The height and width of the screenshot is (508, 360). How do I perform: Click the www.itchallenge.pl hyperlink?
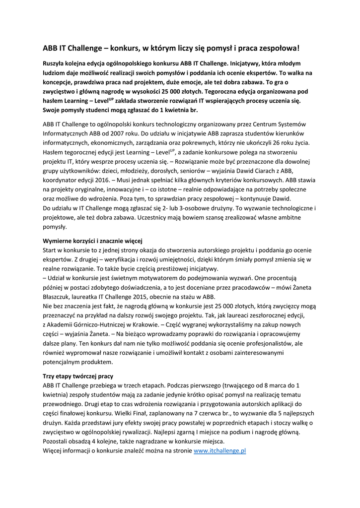(x=219, y=451)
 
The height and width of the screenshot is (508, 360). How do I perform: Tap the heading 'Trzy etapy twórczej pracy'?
(x=78, y=376)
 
